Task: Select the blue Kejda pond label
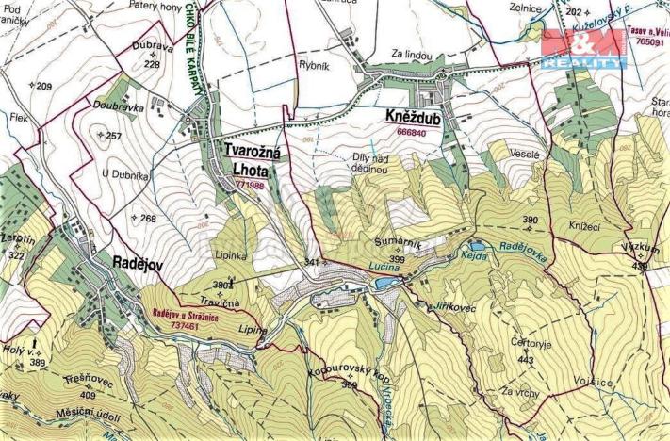coord(472,256)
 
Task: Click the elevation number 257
coord(114,137)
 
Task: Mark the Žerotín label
coord(18,241)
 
